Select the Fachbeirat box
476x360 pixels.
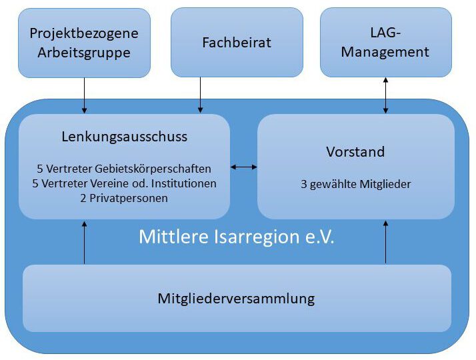pyautogui.click(x=237, y=43)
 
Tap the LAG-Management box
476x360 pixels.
pyautogui.click(x=385, y=42)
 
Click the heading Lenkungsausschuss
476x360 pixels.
pyautogui.click(x=124, y=137)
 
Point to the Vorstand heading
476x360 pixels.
pyautogui.click(x=355, y=152)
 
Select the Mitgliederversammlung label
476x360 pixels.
pyautogui.click(x=237, y=298)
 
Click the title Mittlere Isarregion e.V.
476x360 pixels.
pyautogui.click(x=237, y=237)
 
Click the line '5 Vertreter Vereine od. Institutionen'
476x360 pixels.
pyautogui.click(x=124, y=183)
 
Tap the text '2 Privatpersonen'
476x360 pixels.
pyautogui.click(x=124, y=197)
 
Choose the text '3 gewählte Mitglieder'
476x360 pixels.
pyautogui.click(x=355, y=183)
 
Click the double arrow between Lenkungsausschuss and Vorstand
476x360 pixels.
pyautogui.click(x=243, y=167)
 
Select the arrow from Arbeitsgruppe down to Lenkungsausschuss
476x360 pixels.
pyautogui.click(x=84, y=95)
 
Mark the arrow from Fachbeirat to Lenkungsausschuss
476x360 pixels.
pyautogui.click(x=200, y=95)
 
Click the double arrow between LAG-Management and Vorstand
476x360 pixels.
pyautogui.click(x=385, y=95)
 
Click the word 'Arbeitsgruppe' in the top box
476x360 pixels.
pyautogui.click(x=84, y=53)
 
